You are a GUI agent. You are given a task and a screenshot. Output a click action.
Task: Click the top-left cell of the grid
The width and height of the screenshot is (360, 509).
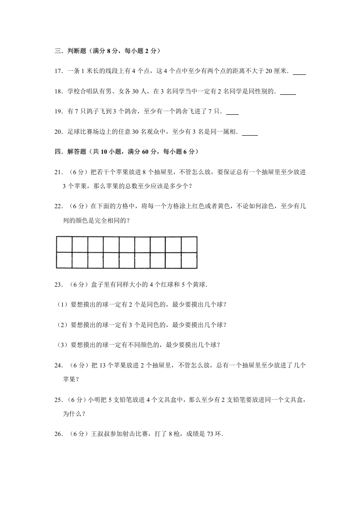[64, 244]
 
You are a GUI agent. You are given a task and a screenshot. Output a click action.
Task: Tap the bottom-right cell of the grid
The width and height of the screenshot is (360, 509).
[189, 260]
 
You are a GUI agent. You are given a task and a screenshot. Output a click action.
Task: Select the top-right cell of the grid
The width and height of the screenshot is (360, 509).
[189, 244]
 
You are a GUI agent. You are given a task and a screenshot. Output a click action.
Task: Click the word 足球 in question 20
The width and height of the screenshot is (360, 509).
[72, 132]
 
